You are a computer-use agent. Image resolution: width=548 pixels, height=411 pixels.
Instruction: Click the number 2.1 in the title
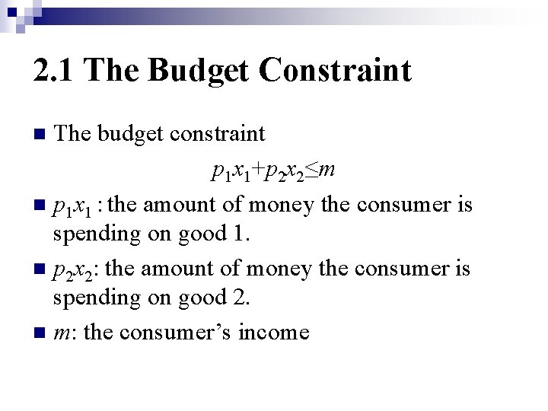coord(56,71)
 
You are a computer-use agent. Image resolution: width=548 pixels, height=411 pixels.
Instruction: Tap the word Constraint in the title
coord(335,71)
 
